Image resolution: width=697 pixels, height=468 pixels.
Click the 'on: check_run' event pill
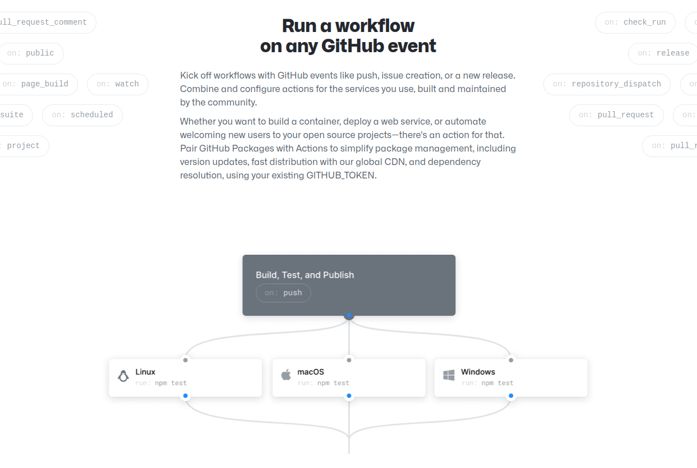tap(635, 22)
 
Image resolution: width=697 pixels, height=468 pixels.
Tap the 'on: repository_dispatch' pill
tap(607, 84)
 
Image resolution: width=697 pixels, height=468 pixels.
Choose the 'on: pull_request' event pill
tap(616, 115)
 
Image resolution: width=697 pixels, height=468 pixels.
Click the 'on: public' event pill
tap(31, 53)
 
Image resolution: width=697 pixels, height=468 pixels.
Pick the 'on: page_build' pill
tap(36, 84)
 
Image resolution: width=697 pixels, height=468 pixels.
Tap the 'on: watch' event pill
tap(118, 84)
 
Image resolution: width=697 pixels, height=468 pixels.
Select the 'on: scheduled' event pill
tap(82, 115)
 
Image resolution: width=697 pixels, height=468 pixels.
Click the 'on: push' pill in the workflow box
tap(283, 293)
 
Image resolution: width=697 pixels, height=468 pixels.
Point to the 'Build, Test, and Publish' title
tap(305, 275)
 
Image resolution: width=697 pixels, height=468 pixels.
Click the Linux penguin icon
tap(123, 376)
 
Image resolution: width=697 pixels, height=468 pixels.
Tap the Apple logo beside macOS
tap(286, 375)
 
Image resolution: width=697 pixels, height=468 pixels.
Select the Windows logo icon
tap(449, 375)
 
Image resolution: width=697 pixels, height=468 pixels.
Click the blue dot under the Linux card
tap(186, 396)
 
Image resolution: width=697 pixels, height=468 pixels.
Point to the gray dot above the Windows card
tap(511, 360)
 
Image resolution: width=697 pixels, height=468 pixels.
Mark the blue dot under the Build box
tap(349, 315)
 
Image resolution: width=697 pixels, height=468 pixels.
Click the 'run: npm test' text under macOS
tap(324, 383)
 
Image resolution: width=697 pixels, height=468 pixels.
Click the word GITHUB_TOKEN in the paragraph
tap(341, 175)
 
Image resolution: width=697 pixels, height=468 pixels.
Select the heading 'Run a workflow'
tap(348, 26)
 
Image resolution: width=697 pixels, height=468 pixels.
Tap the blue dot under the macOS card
tap(349, 396)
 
